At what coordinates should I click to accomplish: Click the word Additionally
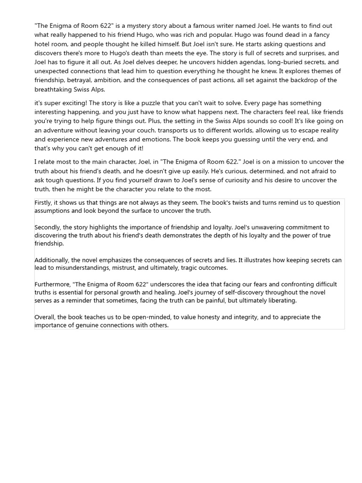click(x=52, y=260)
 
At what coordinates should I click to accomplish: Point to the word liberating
click(x=280, y=300)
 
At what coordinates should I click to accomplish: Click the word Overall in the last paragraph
click(x=45, y=317)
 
